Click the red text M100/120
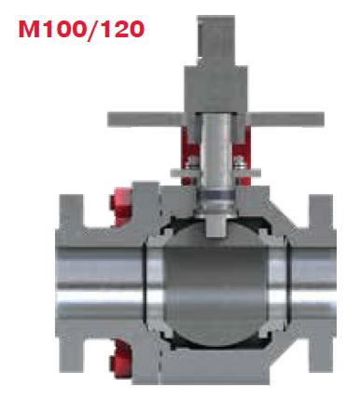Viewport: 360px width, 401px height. pyautogui.click(x=81, y=30)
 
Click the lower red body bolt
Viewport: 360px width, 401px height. pyautogui.click(x=120, y=358)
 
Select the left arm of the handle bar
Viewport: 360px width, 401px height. pyautogui.click(x=145, y=118)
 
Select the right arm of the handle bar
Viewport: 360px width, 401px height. pyautogui.click(x=286, y=118)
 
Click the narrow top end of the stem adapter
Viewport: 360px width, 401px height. pyautogui.click(x=215, y=40)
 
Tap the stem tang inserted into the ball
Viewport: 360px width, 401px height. pyautogui.click(x=216, y=226)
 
